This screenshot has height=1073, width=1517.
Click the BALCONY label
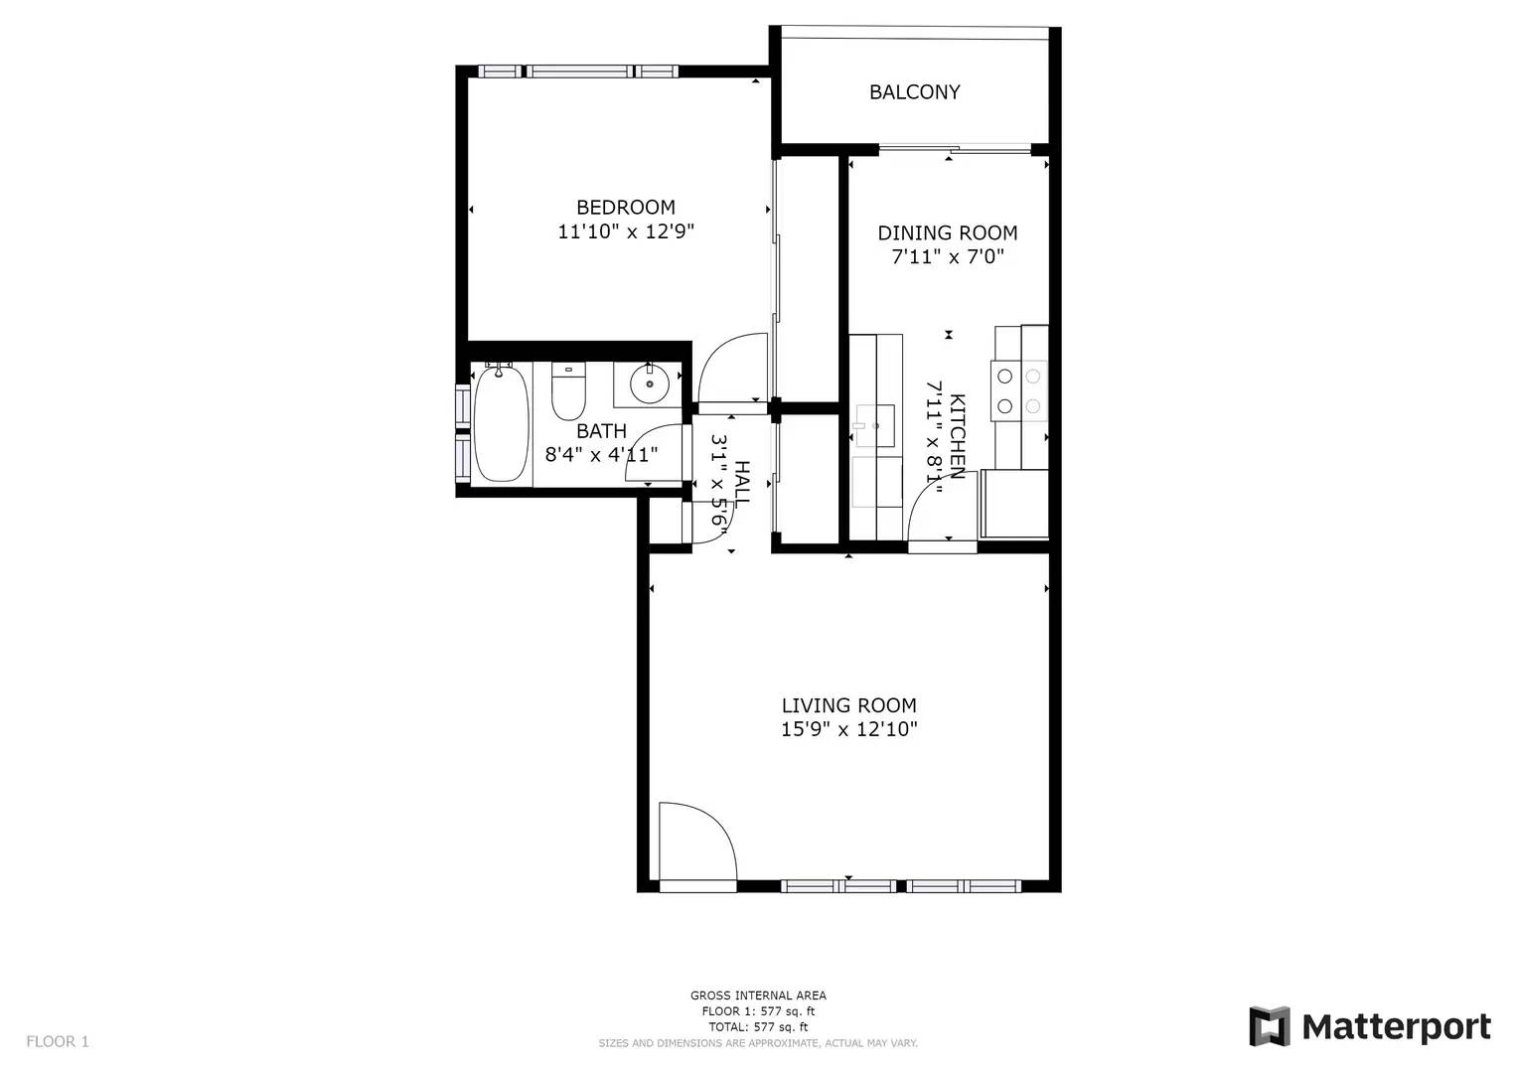tap(914, 92)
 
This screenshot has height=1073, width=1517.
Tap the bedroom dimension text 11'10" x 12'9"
tap(626, 231)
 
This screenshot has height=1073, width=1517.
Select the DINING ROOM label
tap(948, 233)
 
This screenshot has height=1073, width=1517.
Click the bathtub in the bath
tap(501, 423)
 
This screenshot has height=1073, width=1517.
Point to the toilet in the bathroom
tap(568, 391)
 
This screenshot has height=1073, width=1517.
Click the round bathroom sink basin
tap(650, 384)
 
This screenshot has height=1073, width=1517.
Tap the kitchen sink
tap(875, 426)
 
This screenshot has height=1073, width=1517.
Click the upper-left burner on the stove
tap(1005, 376)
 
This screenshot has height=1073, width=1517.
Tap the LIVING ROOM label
tap(849, 705)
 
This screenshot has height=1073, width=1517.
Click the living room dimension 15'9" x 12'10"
tap(849, 729)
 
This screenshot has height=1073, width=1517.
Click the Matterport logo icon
tap(1270, 1025)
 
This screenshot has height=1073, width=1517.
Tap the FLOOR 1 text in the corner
tap(58, 1042)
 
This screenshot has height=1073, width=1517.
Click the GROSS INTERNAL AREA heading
tap(759, 996)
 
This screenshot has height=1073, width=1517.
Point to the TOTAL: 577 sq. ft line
tap(759, 1027)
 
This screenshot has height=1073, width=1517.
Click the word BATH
tap(601, 431)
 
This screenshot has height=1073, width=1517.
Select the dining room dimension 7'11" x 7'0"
tap(948, 257)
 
